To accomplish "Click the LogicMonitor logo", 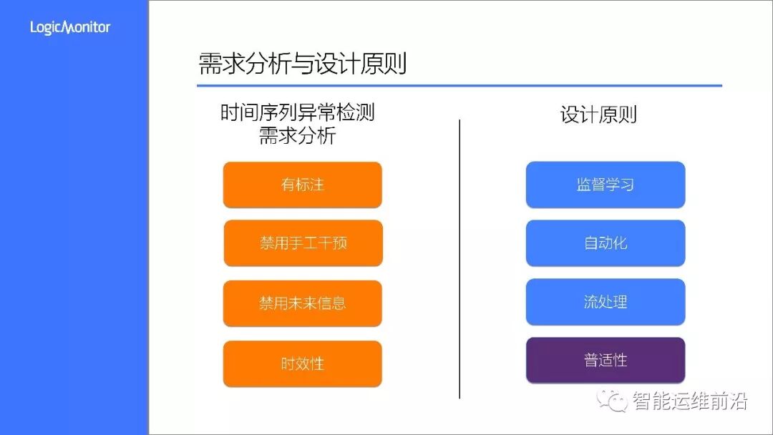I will (70, 28).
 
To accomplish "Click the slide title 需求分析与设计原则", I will (302, 64).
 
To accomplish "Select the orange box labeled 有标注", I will (302, 185).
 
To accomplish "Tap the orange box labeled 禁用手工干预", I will (303, 243).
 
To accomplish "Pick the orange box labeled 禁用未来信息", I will (302, 303).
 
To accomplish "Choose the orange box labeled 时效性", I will (302, 363).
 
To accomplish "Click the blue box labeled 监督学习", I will (606, 185).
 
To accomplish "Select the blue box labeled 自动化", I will (606, 243).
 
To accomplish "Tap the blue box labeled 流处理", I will (606, 302).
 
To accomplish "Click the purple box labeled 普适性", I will (606, 360).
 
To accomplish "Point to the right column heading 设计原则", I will (598, 115).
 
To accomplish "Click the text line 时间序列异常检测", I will (297, 113).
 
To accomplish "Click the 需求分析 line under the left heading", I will (297, 136).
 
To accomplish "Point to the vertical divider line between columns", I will (460, 258).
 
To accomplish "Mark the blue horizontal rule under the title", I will (459, 86).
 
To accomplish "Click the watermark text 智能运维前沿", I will (690, 401).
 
